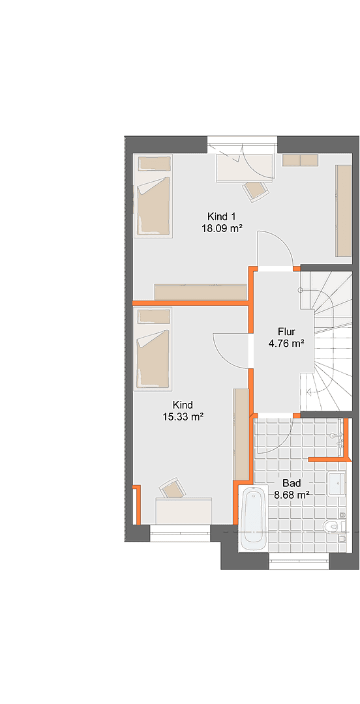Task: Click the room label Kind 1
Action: (221, 216)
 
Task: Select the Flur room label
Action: (286, 332)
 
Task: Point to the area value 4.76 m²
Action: (286, 344)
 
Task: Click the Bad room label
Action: (291, 483)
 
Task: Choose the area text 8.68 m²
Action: (291, 495)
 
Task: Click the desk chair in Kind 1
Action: (255, 189)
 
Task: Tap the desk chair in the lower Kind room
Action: (173, 488)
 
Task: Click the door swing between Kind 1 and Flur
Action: (274, 248)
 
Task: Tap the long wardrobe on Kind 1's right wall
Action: (343, 211)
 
